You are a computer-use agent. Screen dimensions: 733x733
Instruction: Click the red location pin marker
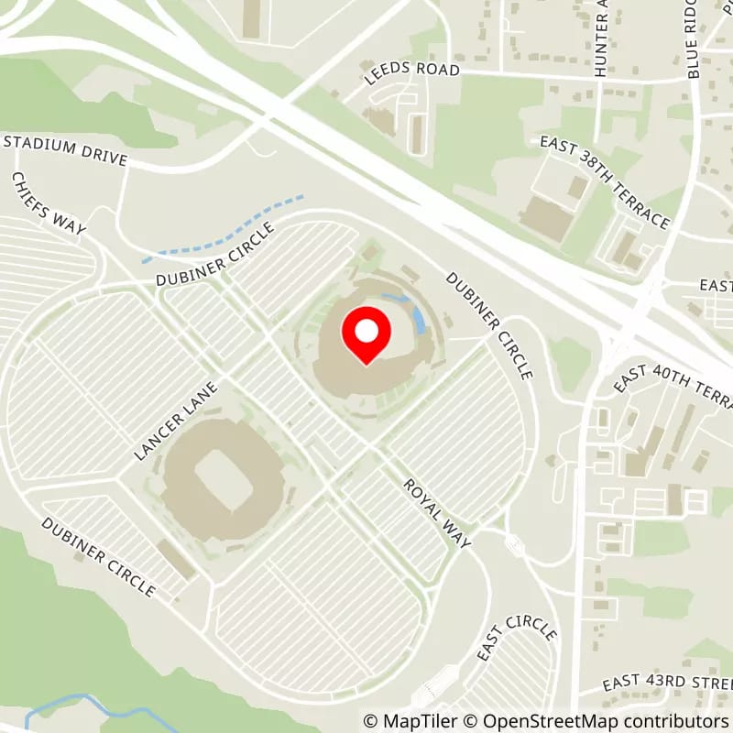[366, 335]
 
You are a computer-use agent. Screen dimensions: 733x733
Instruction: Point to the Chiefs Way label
[49, 203]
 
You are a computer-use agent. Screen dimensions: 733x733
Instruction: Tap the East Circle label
[519, 651]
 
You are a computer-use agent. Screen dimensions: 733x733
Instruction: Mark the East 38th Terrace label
[604, 182]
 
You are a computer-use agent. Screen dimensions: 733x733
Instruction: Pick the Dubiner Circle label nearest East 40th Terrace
[489, 324]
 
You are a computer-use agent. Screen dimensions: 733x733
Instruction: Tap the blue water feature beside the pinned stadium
[418, 317]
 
